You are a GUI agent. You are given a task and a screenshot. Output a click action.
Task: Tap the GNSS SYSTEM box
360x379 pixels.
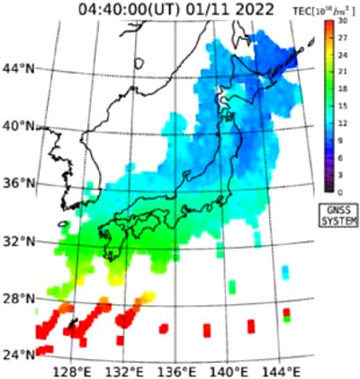point(337,215)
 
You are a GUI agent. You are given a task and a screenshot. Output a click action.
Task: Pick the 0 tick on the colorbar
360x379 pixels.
point(343,191)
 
